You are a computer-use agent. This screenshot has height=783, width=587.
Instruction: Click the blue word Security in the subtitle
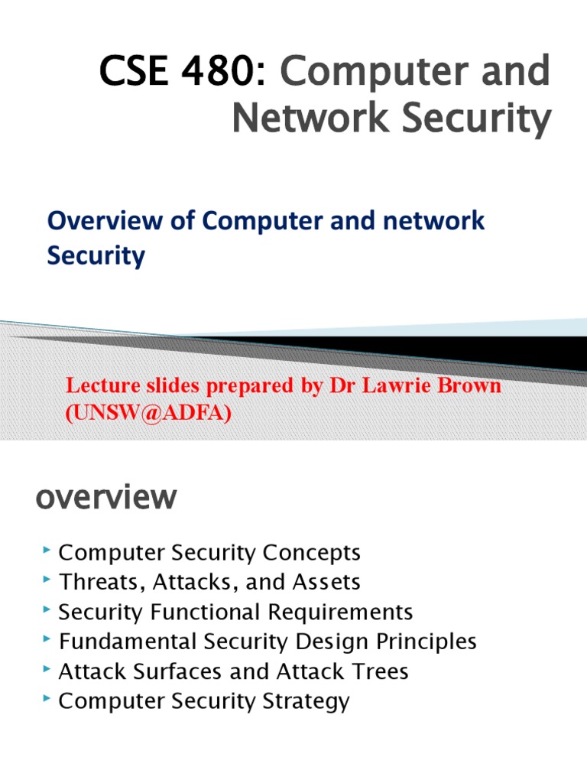coord(96,256)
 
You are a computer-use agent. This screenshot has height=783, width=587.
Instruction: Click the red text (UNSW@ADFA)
coord(148,414)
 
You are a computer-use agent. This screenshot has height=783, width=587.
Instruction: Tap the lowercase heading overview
coord(106,499)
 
